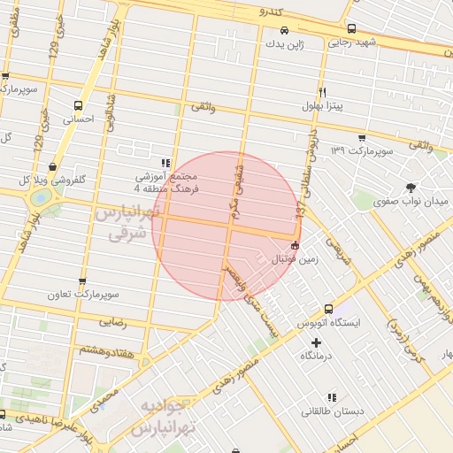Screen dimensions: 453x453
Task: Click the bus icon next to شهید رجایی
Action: point(351,27)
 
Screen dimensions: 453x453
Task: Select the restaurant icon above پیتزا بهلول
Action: point(323,92)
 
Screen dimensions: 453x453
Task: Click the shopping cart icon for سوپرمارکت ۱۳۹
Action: point(361,137)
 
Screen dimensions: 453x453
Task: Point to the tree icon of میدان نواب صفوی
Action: point(411,186)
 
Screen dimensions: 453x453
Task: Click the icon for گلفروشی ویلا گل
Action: point(54,165)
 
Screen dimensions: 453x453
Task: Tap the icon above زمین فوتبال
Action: point(295,245)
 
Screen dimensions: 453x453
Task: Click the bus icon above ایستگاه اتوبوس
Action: point(328,310)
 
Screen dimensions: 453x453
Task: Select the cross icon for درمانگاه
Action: point(317,342)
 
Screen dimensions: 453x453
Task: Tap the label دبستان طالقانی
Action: point(327,411)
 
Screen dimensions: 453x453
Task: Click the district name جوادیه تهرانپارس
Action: point(162,417)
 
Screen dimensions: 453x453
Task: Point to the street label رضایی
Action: point(117,325)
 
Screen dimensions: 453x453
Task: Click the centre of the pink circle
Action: point(224,226)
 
